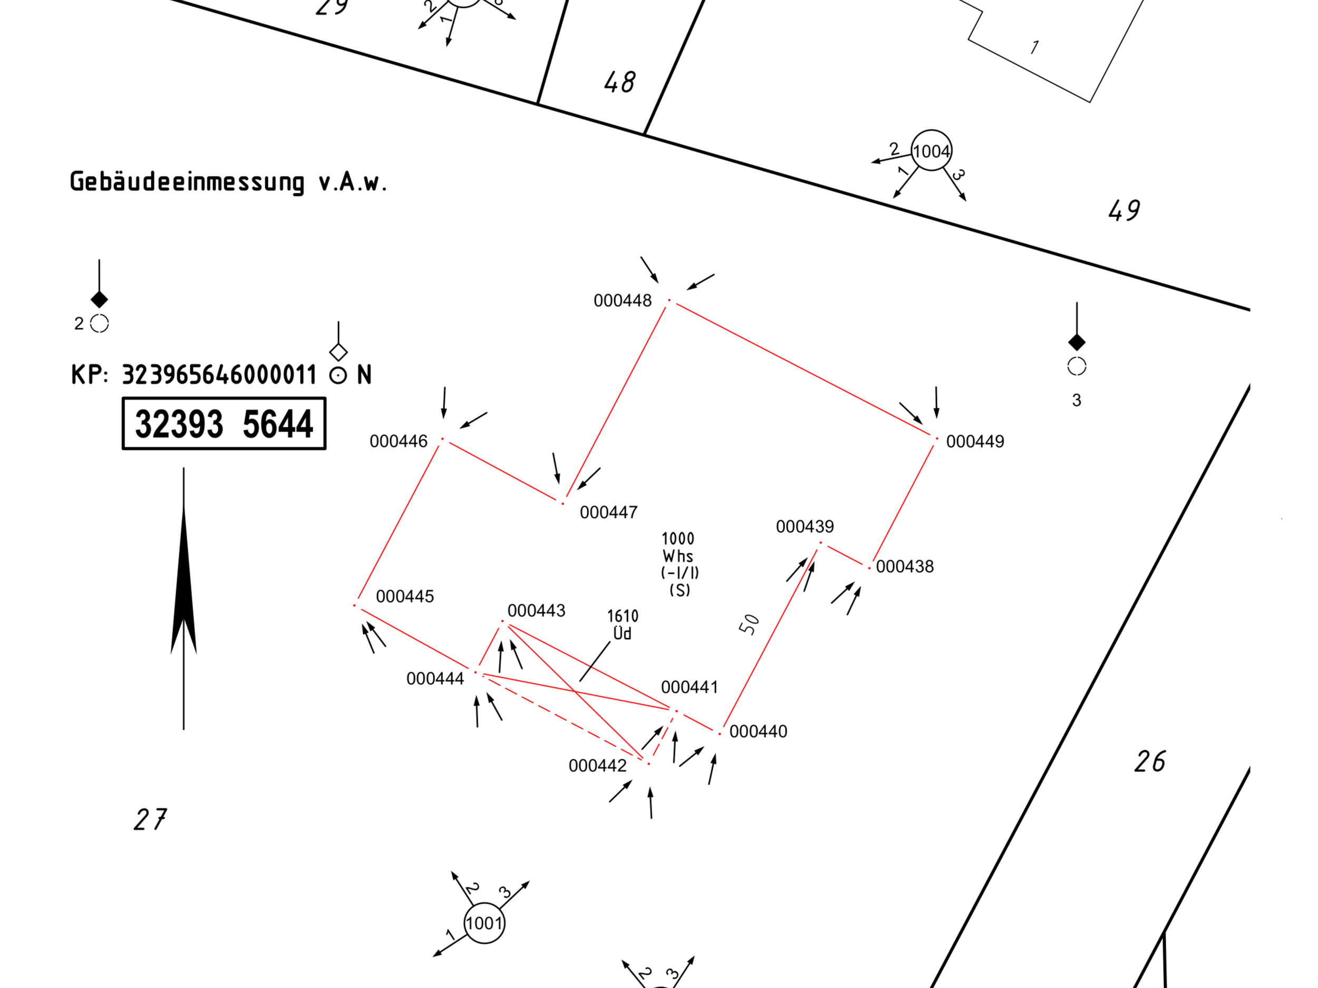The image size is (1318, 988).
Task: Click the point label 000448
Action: [623, 301]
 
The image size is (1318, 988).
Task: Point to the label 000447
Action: [609, 513]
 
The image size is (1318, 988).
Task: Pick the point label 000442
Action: [598, 766]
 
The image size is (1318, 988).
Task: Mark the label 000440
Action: [759, 732]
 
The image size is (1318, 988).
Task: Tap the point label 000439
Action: [805, 527]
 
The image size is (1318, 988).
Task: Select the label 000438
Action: [905, 567]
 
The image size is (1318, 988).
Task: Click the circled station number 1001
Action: [484, 924]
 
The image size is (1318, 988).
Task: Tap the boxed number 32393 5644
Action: [224, 424]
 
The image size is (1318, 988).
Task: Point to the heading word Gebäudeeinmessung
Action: [187, 182]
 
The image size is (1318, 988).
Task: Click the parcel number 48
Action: [619, 82]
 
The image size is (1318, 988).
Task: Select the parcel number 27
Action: [150, 819]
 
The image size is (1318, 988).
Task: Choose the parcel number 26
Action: [1150, 762]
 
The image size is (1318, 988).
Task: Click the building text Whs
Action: [678, 556]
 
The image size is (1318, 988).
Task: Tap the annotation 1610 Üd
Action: [623, 625]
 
